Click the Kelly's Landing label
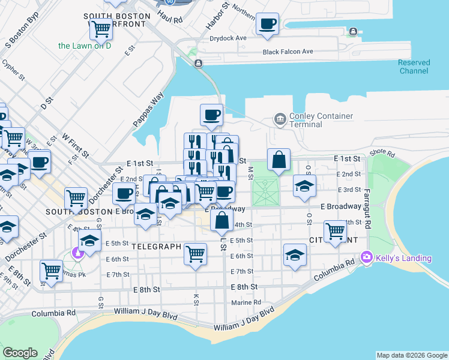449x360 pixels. pyautogui.click(x=403, y=259)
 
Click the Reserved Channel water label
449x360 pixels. pyautogui.click(x=414, y=67)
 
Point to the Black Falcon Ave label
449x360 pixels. pyautogui.click(x=288, y=52)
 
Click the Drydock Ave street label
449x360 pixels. pyautogui.click(x=228, y=38)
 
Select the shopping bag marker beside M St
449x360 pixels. pyautogui.click(x=279, y=160)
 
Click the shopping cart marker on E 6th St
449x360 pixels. pyautogui.click(x=196, y=254)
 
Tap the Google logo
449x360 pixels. pyautogui.click(x=20, y=353)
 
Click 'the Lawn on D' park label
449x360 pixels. pyautogui.click(x=85, y=46)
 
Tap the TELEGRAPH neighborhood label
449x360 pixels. pyautogui.click(x=156, y=247)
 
